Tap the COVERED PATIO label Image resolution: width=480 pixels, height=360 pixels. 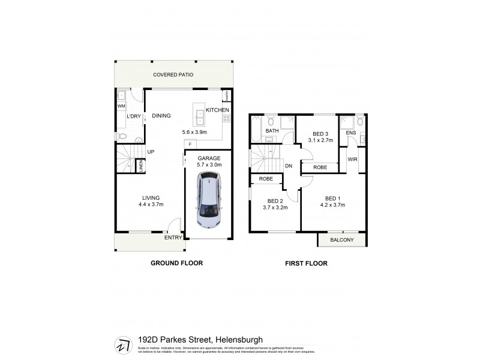[173, 75]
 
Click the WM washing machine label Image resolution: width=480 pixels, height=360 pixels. [121, 106]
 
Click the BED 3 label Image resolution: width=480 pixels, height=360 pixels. [320, 134]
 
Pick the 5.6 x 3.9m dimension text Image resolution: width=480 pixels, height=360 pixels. [194, 132]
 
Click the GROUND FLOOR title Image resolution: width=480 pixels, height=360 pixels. [176, 263]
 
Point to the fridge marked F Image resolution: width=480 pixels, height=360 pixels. [190, 144]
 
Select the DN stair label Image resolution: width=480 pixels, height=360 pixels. [289, 166]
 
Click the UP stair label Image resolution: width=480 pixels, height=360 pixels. [151, 152]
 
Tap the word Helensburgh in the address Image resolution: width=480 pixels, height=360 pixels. [233, 340]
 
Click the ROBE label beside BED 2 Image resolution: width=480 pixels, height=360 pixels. [266, 179]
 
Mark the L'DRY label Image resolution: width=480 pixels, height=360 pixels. [133, 116]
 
